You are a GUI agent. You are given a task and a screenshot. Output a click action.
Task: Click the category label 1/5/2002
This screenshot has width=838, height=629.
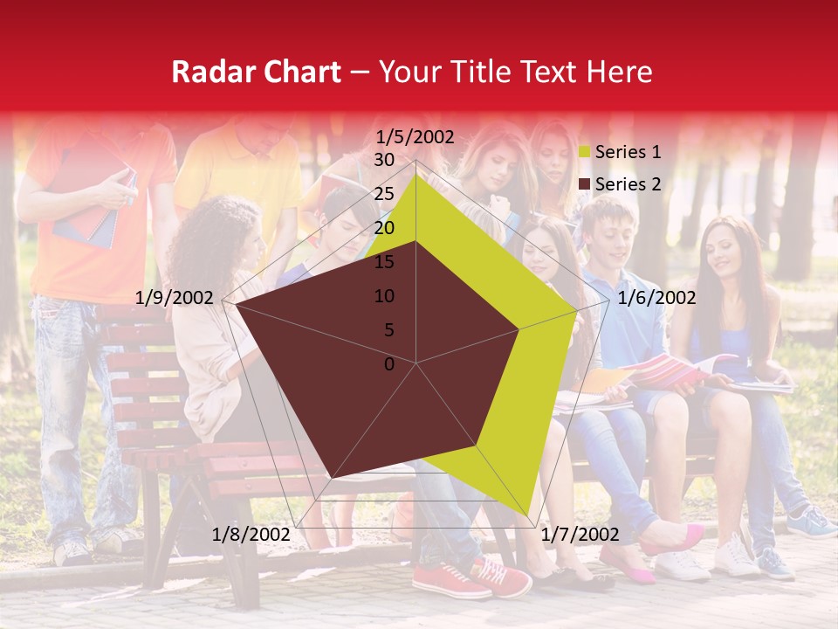(416, 136)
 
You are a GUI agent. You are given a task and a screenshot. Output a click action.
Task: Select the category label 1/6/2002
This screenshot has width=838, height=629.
(656, 298)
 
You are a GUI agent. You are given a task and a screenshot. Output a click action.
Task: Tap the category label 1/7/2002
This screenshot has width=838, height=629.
(580, 534)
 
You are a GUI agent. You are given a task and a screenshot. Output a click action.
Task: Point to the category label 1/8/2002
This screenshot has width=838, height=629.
(251, 534)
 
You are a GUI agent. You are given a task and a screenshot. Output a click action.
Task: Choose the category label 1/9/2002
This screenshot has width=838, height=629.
(175, 298)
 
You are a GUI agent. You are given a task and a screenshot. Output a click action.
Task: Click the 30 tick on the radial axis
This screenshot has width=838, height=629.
(384, 160)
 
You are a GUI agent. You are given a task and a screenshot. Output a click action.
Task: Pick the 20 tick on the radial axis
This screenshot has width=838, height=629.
(384, 228)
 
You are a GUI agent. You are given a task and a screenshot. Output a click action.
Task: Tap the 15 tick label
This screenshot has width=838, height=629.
(384, 262)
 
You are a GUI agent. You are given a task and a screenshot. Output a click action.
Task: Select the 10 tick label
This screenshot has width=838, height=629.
(384, 296)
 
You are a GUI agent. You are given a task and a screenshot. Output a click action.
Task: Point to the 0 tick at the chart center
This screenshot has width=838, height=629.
(389, 364)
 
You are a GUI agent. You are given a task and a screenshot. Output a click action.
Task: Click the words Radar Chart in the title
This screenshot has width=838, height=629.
(256, 72)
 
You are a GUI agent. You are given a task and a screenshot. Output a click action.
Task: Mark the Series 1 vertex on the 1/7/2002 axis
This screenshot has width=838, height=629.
(529, 515)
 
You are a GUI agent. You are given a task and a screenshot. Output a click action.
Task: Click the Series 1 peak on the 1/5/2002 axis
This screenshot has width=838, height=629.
(416, 174)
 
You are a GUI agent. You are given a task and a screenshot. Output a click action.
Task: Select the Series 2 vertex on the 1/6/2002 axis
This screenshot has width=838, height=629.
(519, 329)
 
